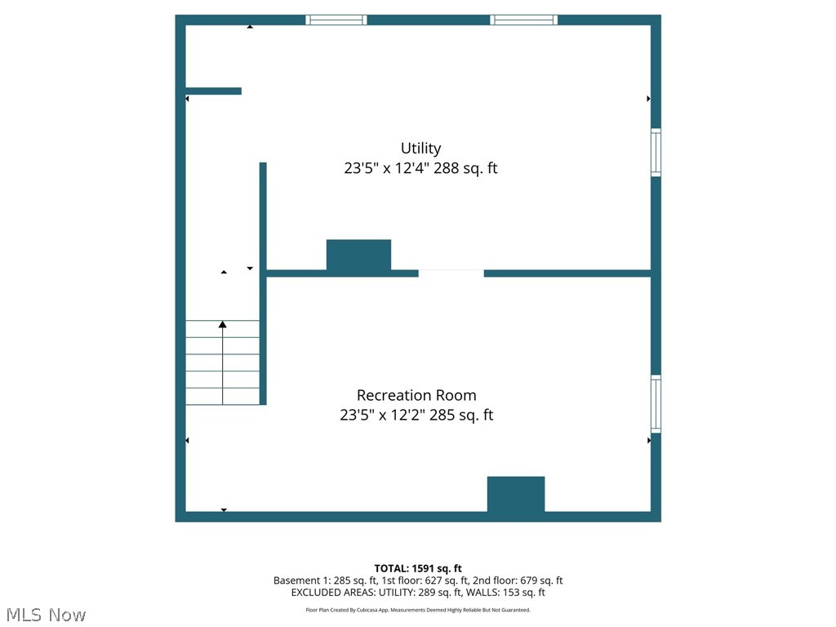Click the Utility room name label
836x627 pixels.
click(x=420, y=149)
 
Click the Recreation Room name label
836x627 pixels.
click(x=416, y=395)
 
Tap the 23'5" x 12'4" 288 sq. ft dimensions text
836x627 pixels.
click(x=420, y=169)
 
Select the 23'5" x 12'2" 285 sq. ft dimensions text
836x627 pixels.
click(x=416, y=415)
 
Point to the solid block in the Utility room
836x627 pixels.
click(x=358, y=255)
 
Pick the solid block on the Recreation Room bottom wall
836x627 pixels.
click(x=516, y=495)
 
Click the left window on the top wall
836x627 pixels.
click(x=336, y=20)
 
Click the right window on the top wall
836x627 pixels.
click(x=524, y=20)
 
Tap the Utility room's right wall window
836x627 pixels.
click(x=656, y=152)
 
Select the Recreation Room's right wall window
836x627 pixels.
click(x=656, y=403)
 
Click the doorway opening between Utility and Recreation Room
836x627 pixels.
click(x=451, y=273)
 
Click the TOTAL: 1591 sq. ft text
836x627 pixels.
click(x=418, y=568)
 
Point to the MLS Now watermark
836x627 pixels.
click(x=46, y=615)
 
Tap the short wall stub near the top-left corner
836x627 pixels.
click(x=213, y=91)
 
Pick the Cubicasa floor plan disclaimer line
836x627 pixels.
click(x=418, y=610)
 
